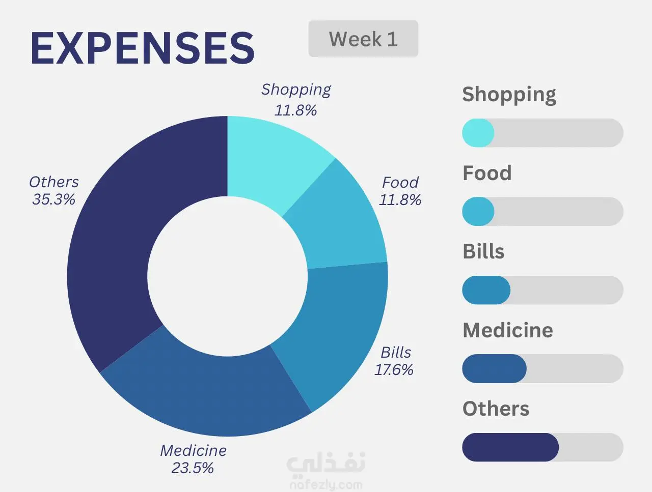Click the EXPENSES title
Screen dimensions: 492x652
click(x=143, y=48)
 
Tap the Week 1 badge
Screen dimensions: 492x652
click(x=363, y=39)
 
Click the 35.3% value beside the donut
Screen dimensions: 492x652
click(x=53, y=199)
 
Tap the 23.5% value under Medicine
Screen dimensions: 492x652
click(x=193, y=468)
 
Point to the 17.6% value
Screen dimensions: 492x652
click(x=394, y=369)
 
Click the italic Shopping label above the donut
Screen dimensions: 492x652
click(x=296, y=90)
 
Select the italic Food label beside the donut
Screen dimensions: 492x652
click(x=400, y=182)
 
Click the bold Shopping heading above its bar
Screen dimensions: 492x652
click(x=509, y=95)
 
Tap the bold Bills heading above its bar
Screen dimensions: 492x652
click(x=483, y=251)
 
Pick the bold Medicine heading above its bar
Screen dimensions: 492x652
click(x=507, y=330)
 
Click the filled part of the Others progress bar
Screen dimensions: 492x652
click(x=510, y=447)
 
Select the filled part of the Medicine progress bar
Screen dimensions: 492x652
click(x=494, y=369)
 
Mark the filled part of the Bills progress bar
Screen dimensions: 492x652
click(x=486, y=290)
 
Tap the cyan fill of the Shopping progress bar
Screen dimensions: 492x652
click(x=478, y=133)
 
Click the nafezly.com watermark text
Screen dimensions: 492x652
click(x=326, y=485)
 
